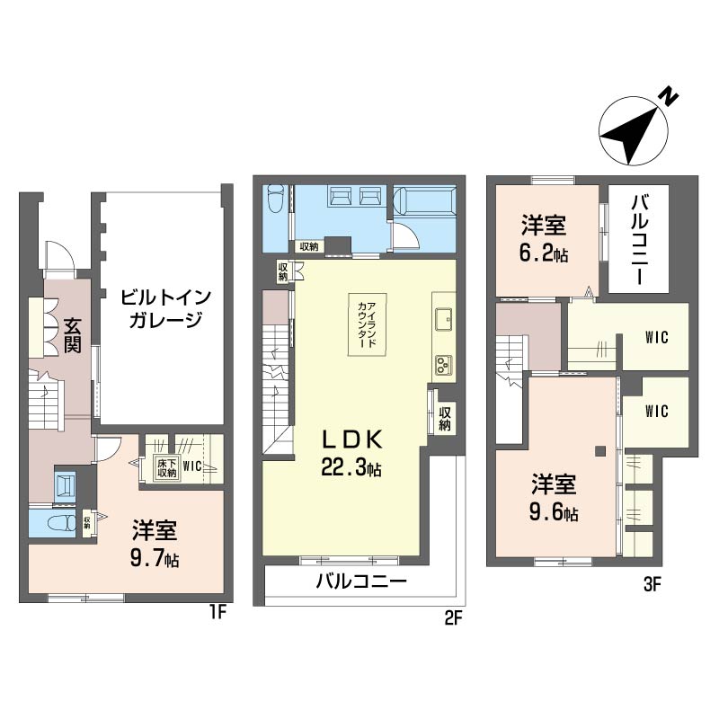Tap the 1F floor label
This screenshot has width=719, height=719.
coord(217,612)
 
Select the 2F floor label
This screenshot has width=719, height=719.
coord(452,619)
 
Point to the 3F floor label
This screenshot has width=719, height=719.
coord(652,585)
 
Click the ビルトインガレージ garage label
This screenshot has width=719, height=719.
coord(165,308)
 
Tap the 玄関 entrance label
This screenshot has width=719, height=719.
coord(72,335)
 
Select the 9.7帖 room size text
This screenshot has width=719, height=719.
coord(155,560)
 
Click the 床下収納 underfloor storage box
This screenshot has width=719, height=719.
coord(167,467)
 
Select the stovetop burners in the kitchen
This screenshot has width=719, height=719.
coord(443,365)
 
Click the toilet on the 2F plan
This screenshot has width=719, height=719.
coord(276,198)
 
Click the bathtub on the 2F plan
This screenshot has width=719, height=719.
coord(424,200)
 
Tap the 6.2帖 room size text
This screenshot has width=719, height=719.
coord(544,253)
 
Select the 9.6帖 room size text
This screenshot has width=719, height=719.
coord(554,512)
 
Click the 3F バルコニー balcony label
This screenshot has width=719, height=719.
coord(639,239)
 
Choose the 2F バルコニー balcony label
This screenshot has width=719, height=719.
coord(362,581)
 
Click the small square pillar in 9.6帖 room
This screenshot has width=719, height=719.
coord(599,451)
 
